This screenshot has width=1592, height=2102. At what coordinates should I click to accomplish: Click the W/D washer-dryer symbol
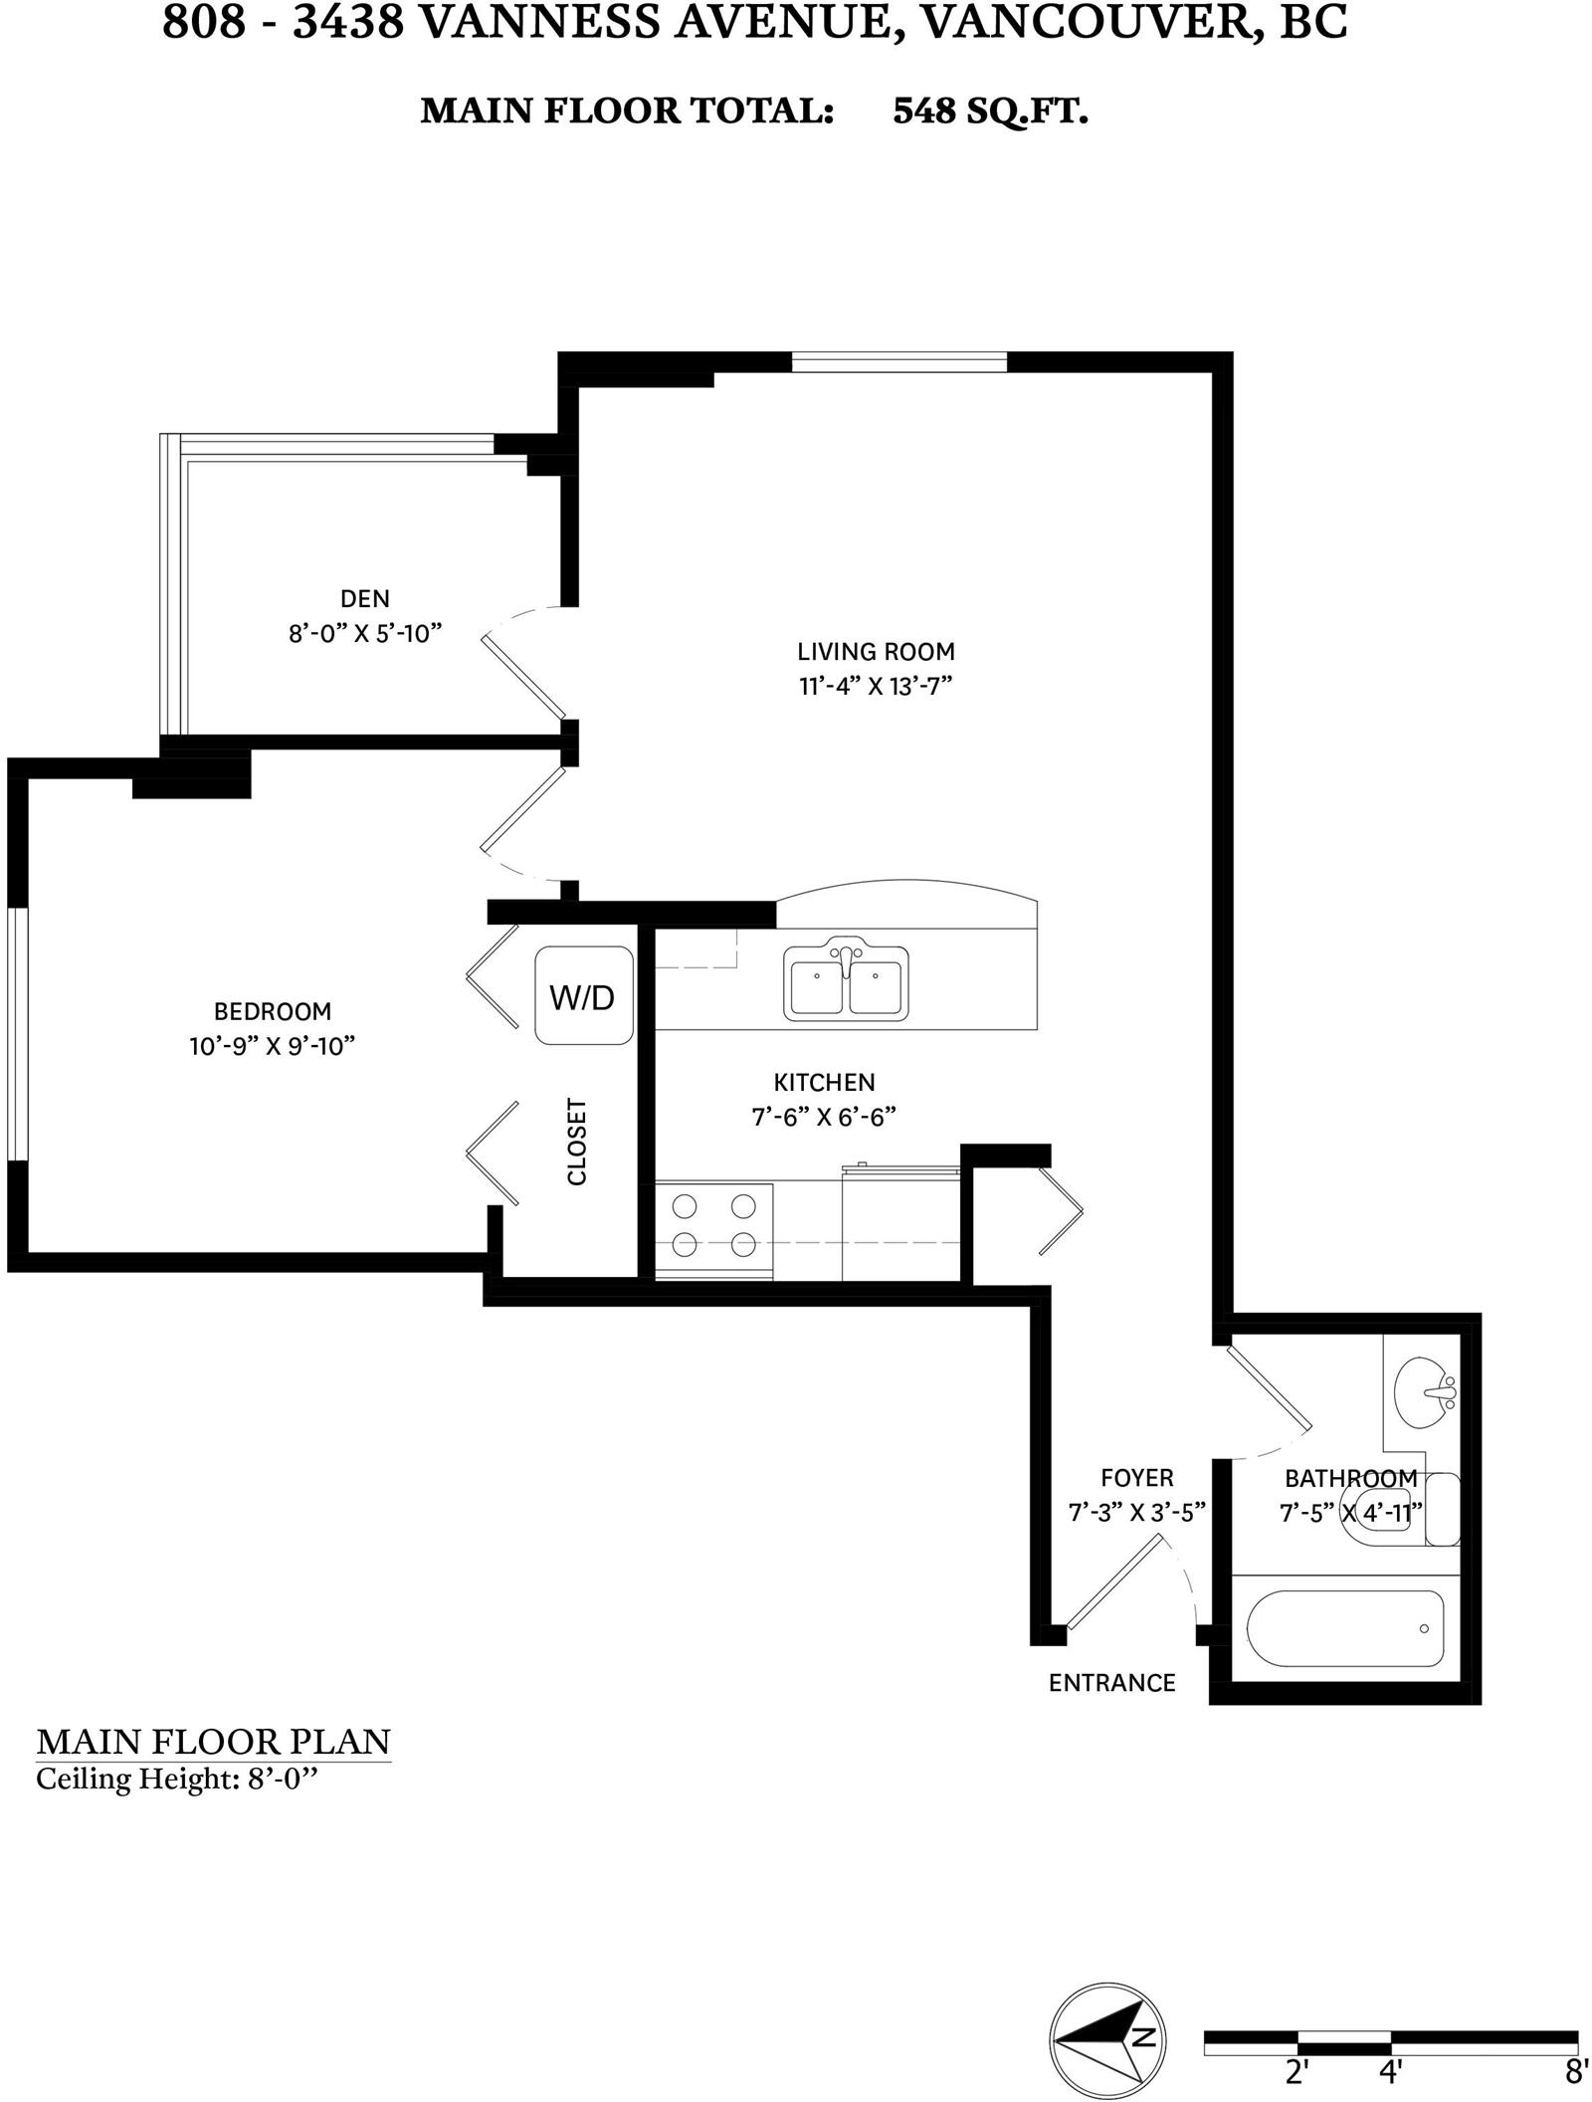(584, 995)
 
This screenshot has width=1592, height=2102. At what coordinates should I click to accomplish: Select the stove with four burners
(713, 1230)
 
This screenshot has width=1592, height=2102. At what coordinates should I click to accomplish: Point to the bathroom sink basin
(1425, 1391)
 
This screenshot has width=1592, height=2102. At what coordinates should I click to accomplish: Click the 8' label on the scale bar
(1576, 2072)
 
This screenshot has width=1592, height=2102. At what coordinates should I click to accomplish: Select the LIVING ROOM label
(876, 652)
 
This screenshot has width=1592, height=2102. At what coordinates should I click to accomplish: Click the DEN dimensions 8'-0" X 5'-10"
(365, 634)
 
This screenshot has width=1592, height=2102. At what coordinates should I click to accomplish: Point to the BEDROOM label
(273, 1011)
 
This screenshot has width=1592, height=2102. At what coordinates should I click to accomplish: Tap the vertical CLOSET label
(577, 1142)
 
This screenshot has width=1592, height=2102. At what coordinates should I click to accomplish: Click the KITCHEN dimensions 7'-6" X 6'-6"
(824, 1117)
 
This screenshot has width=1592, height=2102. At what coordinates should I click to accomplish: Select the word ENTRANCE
(1112, 1682)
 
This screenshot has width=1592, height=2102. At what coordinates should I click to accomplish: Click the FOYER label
(1137, 1478)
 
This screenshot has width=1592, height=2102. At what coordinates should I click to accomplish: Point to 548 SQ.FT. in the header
(990, 110)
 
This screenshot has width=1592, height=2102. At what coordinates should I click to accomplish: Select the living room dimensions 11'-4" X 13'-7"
(870, 687)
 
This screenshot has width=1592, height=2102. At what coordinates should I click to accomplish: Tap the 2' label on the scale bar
(1295, 2072)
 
